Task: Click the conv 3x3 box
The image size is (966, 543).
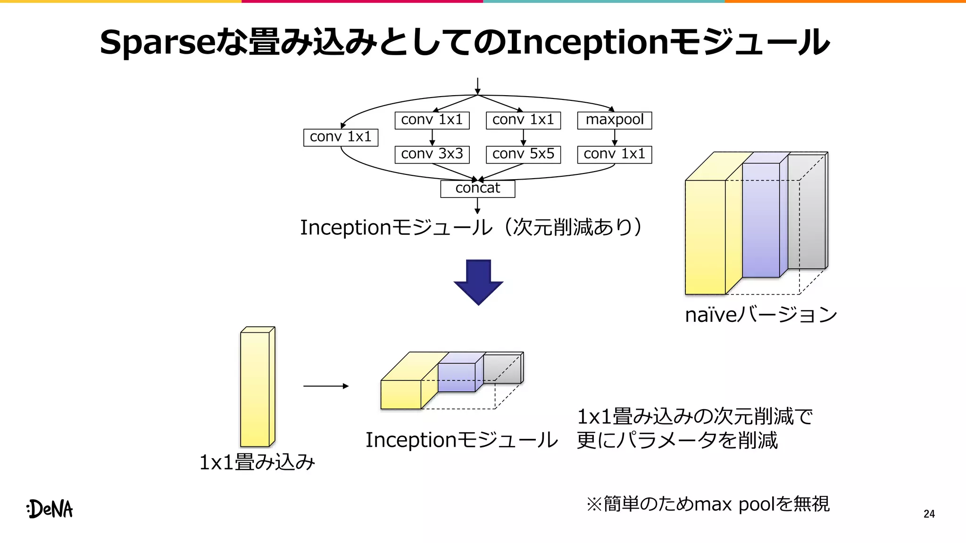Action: [x=432, y=154]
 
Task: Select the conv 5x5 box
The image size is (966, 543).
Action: [x=523, y=154]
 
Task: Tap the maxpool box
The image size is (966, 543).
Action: [x=614, y=120]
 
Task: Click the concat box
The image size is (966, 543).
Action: [x=477, y=189]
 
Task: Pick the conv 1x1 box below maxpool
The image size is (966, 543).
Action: [x=614, y=154]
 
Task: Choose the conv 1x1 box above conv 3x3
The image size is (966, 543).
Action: [x=432, y=120]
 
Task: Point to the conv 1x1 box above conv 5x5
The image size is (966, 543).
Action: [x=523, y=120]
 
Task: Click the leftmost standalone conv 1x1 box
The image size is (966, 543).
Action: [x=341, y=137]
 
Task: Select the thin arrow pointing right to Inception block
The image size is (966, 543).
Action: [x=325, y=386]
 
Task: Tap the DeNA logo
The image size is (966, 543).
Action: [x=50, y=509]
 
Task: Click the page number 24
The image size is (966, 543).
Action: [x=929, y=514]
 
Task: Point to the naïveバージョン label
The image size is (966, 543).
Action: [x=760, y=315]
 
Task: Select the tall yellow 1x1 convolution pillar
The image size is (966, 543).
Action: [x=255, y=389]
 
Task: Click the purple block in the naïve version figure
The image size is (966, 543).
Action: [x=760, y=220]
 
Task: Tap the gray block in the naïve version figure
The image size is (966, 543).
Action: [x=807, y=212]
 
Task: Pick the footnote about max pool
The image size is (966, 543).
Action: [x=708, y=504]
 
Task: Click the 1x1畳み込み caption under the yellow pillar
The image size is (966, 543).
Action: [x=257, y=462]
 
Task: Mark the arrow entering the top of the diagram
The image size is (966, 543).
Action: [x=477, y=86]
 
